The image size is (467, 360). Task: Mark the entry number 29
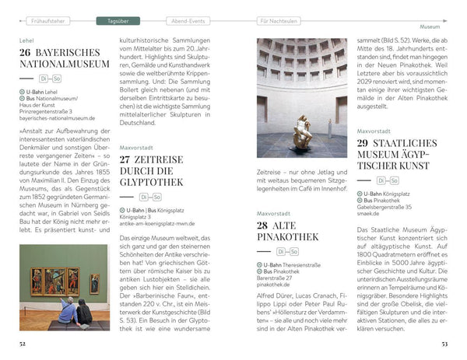(366, 142)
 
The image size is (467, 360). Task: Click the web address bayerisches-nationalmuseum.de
(58, 118)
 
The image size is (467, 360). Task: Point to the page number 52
(23, 342)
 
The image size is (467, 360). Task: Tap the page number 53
(443, 342)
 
